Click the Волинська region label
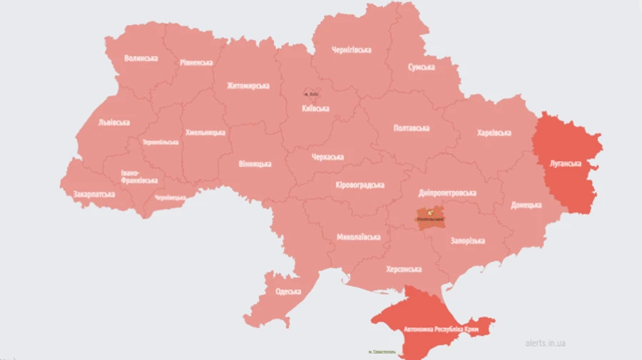(x=141, y=58)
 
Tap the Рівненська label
(x=195, y=62)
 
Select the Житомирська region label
(x=248, y=86)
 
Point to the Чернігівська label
(x=352, y=50)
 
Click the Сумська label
(x=421, y=67)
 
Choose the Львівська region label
(x=113, y=122)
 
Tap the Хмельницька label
(x=205, y=133)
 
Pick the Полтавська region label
(x=412, y=128)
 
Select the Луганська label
(x=566, y=163)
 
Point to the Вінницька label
(x=255, y=164)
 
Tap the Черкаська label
(x=327, y=157)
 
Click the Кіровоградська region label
(x=360, y=185)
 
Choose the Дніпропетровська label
(x=447, y=193)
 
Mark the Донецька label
(x=526, y=205)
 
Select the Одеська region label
(x=287, y=292)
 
